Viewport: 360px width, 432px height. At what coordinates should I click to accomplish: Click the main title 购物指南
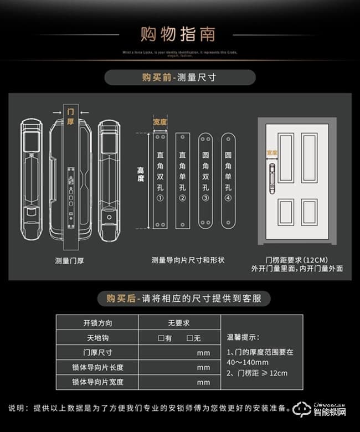179,34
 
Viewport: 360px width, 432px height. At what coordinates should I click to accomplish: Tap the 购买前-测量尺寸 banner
179,77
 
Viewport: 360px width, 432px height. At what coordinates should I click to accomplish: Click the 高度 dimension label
141,175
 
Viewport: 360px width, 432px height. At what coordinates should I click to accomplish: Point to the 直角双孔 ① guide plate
161,181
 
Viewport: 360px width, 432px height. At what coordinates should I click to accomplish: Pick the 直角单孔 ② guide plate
183,181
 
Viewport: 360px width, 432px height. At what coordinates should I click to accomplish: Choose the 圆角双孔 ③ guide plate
205,181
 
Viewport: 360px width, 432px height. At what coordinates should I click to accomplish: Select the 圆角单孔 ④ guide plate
228,181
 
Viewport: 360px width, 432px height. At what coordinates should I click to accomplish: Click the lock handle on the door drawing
272,178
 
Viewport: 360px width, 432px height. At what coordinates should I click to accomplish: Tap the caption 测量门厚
70,260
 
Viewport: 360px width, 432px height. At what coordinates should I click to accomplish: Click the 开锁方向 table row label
97,323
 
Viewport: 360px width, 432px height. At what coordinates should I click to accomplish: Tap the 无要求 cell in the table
178,323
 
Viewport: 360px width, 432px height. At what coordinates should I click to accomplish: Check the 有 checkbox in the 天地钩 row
161,338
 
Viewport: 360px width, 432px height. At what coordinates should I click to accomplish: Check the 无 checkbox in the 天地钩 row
190,338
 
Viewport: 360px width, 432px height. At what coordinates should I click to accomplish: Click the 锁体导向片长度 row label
97,367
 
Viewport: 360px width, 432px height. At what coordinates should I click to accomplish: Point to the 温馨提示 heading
243,336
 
